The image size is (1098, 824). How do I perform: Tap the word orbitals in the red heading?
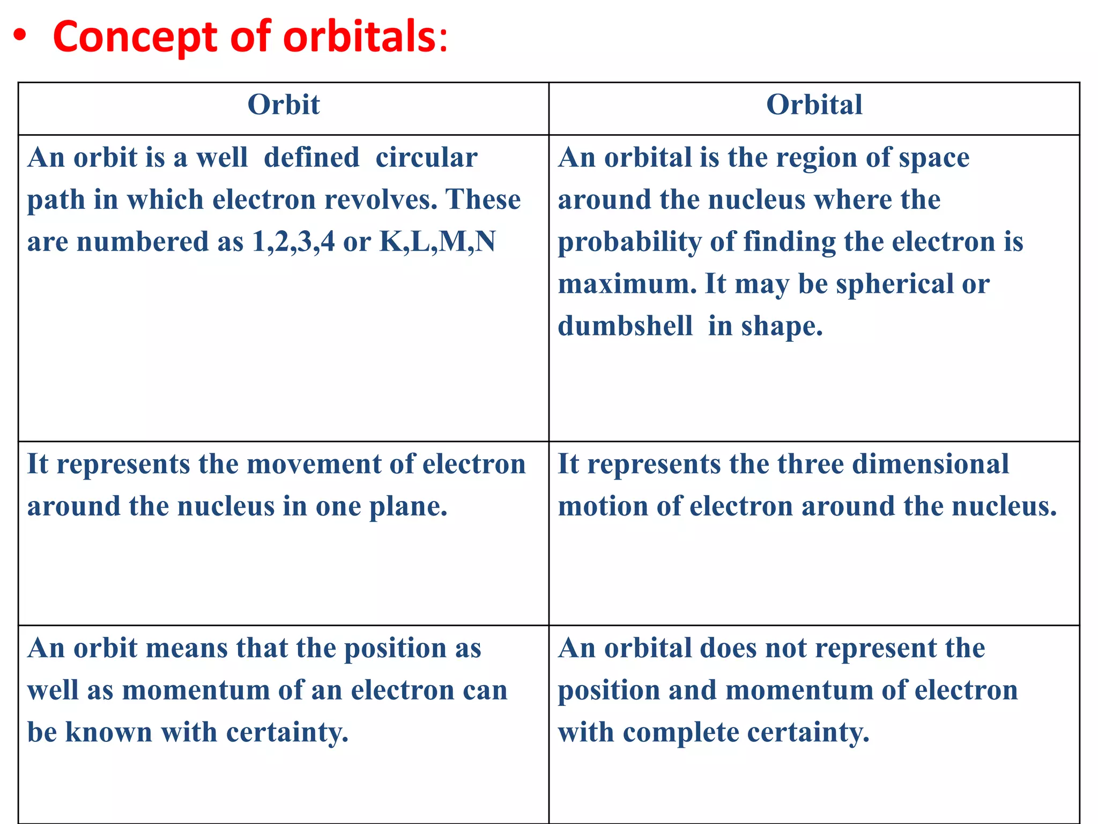click(360, 37)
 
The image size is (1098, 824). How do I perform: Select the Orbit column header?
click(284, 105)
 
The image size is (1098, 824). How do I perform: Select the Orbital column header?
click(814, 105)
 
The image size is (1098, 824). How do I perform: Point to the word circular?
click(426, 158)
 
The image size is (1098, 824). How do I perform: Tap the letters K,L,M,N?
click(437, 242)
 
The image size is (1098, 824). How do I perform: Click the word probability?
click(629, 242)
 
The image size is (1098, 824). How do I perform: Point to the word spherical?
click(894, 284)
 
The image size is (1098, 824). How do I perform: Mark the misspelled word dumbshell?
click(625, 326)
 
